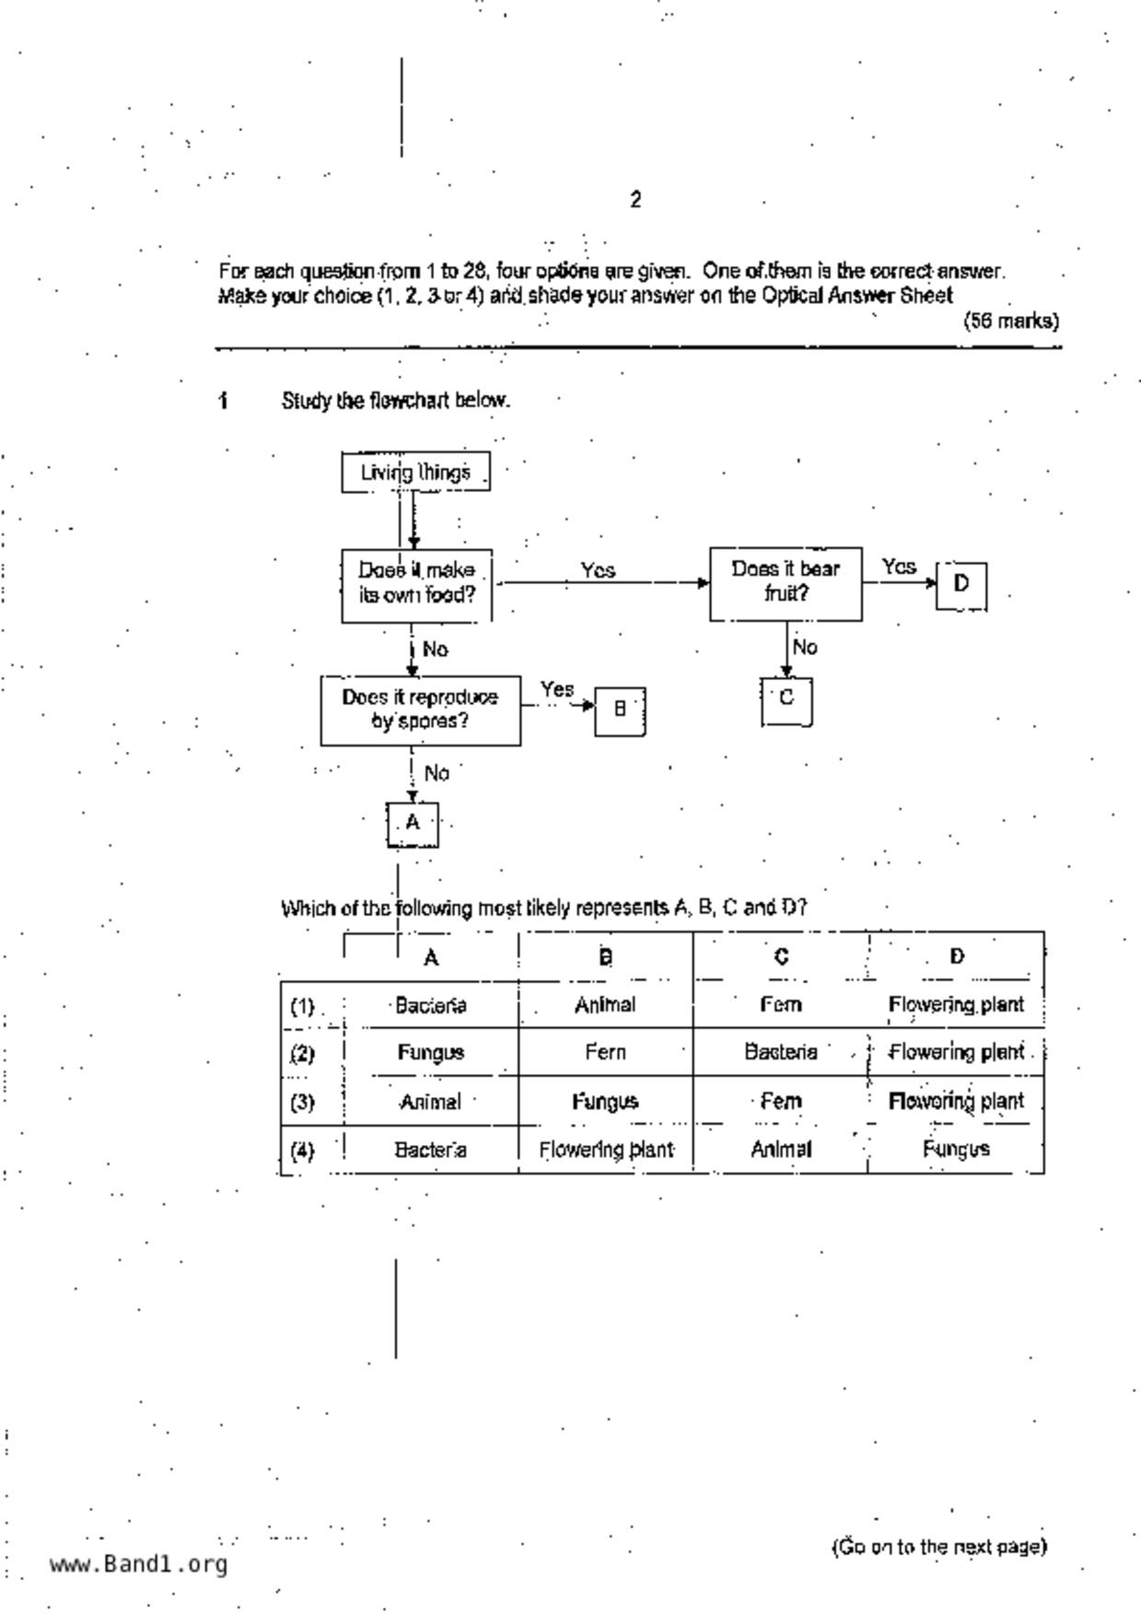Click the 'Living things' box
tap(415, 473)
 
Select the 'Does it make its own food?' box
tap(416, 583)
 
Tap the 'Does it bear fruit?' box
tap(786, 582)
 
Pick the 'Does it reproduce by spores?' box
tap(420, 709)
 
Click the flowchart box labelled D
tap(961, 584)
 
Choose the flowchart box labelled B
tap(620, 709)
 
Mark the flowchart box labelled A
tap(412, 823)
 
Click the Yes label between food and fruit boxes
tap(598, 571)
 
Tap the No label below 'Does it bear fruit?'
tap(805, 648)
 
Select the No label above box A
tap(437, 773)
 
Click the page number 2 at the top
tap(635, 200)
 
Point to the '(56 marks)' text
tap(1011, 322)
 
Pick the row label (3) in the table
tap(302, 1102)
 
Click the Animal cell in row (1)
tap(605, 1005)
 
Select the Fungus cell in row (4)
tap(956, 1149)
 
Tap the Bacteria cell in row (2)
tap(780, 1053)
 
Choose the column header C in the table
tap(781, 957)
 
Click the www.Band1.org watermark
tap(138, 1564)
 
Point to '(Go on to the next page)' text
tap(939, 1547)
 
